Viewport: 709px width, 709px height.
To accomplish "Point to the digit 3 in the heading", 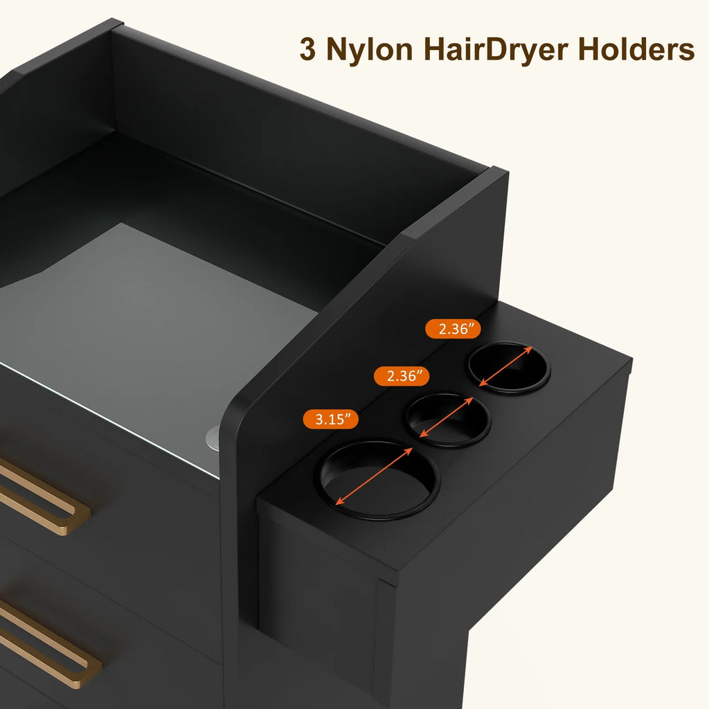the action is [x=307, y=49].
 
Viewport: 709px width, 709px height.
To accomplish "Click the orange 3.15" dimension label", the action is [x=330, y=419].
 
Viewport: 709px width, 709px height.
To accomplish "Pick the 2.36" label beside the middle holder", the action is [x=402, y=376].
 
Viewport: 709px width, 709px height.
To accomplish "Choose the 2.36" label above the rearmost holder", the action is [x=453, y=329].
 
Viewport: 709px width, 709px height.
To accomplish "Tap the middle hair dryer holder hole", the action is [x=448, y=419].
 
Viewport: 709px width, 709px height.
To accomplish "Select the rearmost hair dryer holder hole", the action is [x=509, y=367].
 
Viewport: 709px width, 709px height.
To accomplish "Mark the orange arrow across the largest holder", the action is [x=374, y=476].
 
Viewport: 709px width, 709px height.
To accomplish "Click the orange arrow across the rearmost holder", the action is [x=505, y=366].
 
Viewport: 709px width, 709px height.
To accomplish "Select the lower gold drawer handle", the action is [x=45, y=642].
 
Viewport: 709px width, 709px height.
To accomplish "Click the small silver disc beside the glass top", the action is [x=213, y=438].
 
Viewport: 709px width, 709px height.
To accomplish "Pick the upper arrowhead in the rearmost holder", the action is [x=528, y=350].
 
